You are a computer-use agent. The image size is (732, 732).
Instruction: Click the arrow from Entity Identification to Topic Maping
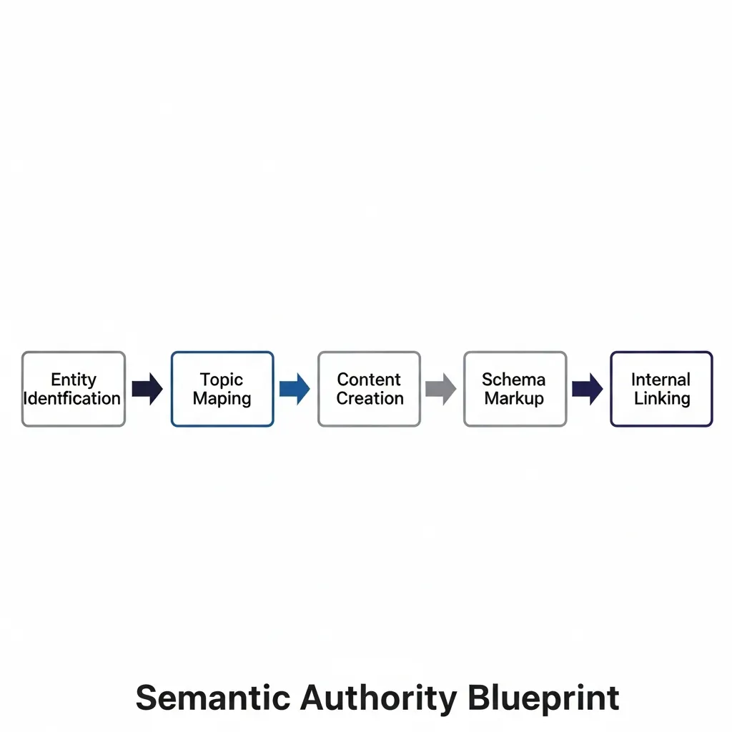147,389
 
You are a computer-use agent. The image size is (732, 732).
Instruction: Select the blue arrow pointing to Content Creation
295,389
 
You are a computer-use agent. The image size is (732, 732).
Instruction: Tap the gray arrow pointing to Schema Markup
441,389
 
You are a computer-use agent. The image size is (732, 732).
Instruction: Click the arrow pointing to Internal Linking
588,389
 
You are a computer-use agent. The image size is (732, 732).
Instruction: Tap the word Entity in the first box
73,380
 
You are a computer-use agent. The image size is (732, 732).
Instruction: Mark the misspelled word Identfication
73,398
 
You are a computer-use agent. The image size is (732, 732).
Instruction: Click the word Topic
222,380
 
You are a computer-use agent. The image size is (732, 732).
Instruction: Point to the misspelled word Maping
222,399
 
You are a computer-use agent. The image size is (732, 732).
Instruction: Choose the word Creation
370,398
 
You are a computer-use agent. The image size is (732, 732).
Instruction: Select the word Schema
513,380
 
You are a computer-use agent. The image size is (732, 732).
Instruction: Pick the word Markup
514,398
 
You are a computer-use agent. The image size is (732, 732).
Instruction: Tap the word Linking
662,398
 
